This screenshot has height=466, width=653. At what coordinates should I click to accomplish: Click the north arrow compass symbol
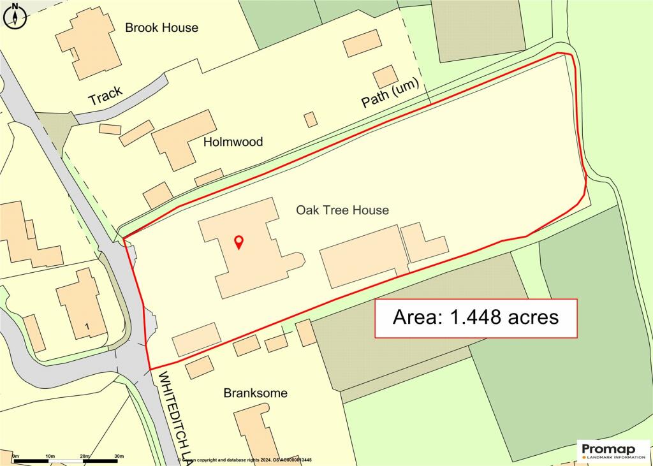(15, 16)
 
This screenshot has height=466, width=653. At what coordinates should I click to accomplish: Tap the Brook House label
(161, 27)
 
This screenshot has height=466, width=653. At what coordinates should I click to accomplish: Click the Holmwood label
(233, 142)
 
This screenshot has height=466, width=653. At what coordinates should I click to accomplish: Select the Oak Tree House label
(342, 210)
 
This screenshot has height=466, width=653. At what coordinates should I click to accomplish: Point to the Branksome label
(255, 393)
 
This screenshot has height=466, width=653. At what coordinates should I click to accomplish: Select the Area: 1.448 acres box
(476, 318)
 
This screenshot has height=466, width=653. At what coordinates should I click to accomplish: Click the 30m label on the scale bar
(119, 456)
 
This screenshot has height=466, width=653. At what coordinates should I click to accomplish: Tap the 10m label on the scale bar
(50, 456)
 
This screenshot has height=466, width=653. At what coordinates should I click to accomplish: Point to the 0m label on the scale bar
(16, 456)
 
